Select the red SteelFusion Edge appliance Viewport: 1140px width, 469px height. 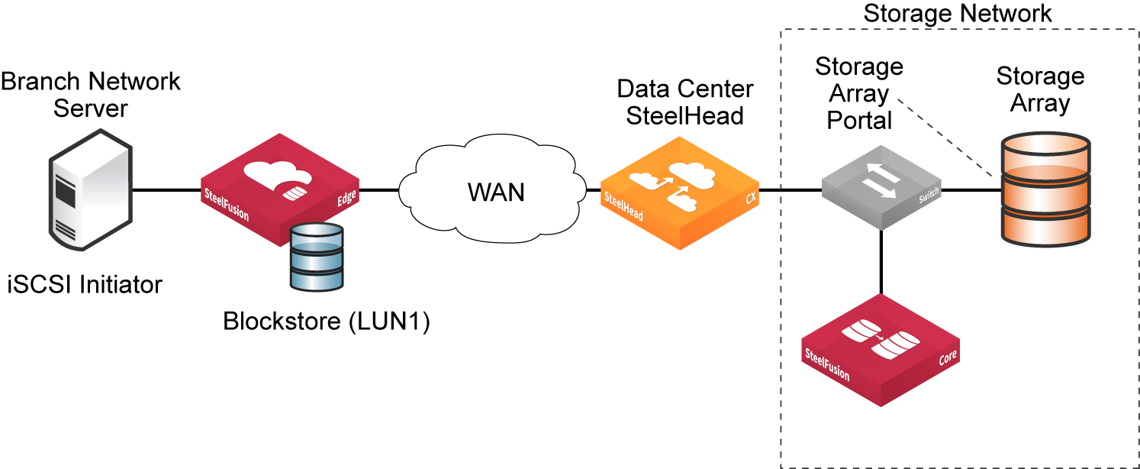[279, 187]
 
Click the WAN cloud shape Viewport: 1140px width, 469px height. [496, 191]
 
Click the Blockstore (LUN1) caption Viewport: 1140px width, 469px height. [327, 322]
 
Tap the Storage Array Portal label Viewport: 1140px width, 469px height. [859, 94]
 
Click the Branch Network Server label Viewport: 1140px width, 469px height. [91, 93]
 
